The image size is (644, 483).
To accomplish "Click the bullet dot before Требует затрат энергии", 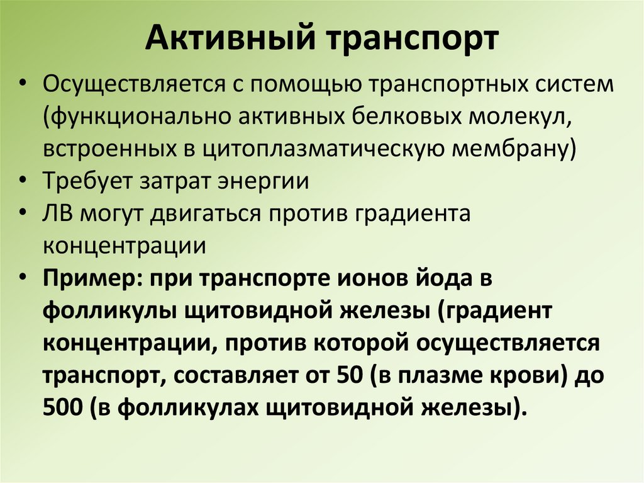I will tap(23, 181).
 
